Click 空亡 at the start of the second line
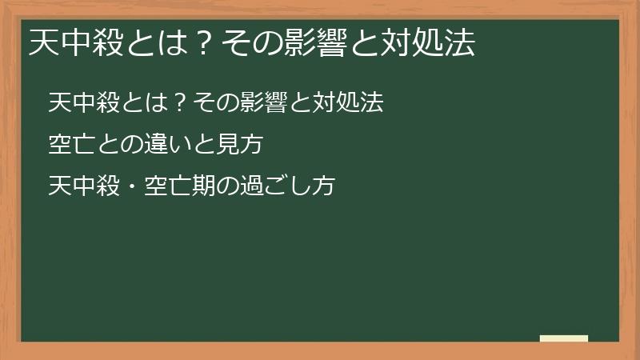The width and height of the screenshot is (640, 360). click(x=68, y=146)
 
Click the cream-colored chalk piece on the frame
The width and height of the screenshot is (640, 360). click(x=564, y=338)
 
